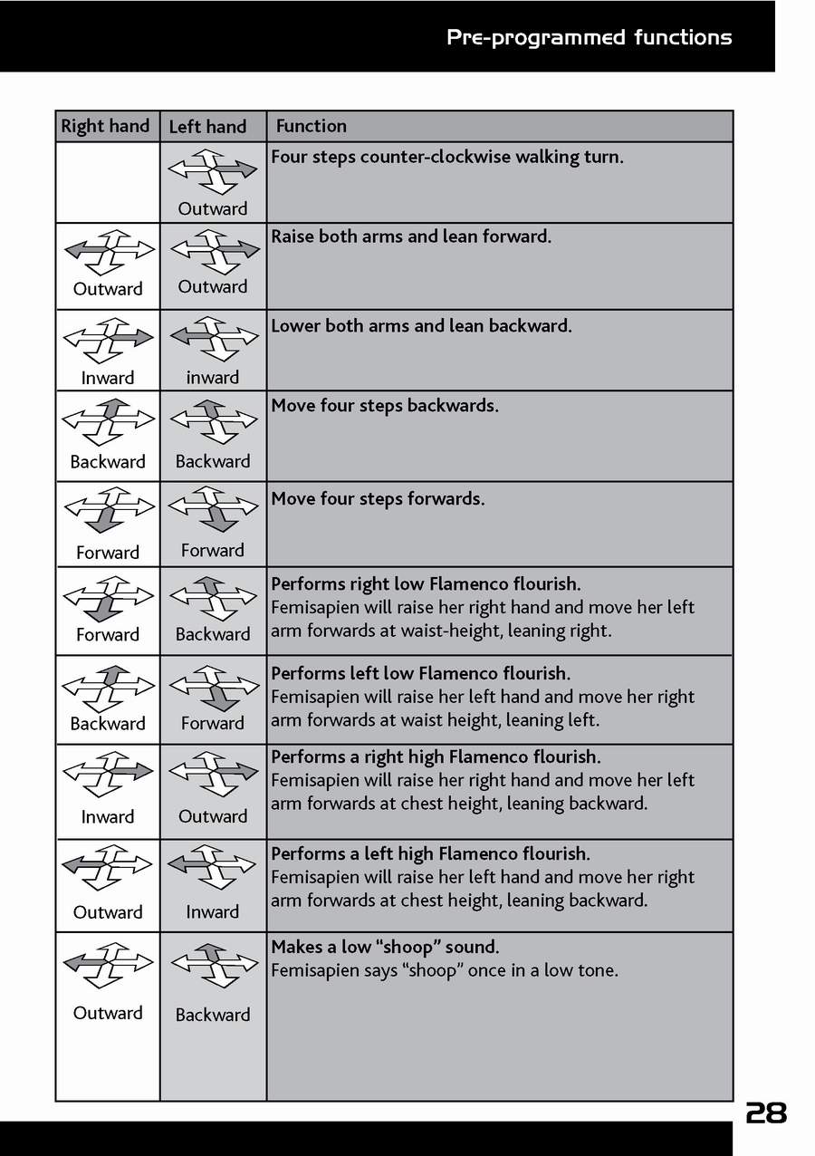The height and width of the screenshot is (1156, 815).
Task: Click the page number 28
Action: click(x=765, y=1113)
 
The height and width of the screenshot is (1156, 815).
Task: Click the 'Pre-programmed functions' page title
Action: click(x=589, y=37)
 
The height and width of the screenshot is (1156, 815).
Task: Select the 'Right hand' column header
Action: click(x=105, y=126)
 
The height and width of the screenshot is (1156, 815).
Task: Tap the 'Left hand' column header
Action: click(x=207, y=127)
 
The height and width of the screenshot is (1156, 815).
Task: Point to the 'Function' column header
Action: click(x=311, y=126)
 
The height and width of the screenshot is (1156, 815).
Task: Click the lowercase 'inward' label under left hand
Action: click(x=213, y=378)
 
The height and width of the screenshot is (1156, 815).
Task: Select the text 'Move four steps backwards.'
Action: click(x=385, y=405)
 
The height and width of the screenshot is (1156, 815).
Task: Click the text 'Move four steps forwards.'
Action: click(x=378, y=498)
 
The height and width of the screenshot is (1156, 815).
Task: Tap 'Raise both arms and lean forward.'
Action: click(x=411, y=236)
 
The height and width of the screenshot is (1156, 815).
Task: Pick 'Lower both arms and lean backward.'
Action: click(x=421, y=325)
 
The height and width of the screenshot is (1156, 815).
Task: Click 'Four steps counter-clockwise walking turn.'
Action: click(x=447, y=157)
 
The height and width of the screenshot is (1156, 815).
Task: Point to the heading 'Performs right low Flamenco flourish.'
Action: click(x=426, y=583)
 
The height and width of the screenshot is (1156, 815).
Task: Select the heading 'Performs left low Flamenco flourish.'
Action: click(x=420, y=673)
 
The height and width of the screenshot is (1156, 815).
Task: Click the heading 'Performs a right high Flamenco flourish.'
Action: click(x=436, y=756)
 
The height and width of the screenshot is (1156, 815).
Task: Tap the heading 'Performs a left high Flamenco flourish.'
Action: click(x=430, y=853)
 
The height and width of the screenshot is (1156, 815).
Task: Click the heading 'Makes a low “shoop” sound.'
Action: click(x=385, y=947)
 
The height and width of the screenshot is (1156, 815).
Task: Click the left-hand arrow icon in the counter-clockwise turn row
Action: click(x=214, y=170)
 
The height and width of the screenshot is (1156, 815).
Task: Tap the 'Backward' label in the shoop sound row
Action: click(x=213, y=1015)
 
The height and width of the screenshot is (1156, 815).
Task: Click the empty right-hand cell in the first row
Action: click(x=108, y=182)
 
